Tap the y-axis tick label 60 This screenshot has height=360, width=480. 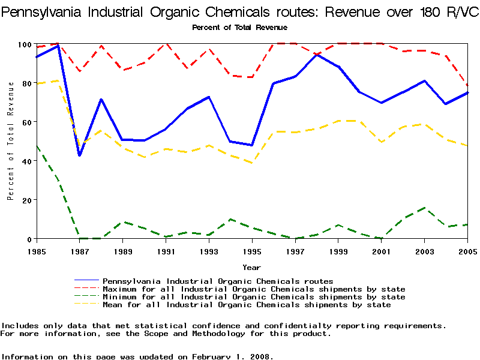click(x=26, y=122)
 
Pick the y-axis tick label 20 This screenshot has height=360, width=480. click(x=26, y=200)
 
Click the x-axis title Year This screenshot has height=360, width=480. click(x=251, y=267)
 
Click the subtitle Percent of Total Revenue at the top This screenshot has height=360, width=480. click(x=239, y=28)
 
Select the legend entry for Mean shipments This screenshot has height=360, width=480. click(x=247, y=305)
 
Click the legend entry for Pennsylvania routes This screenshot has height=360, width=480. click(x=218, y=281)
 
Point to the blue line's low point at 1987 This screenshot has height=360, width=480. click(x=80, y=155)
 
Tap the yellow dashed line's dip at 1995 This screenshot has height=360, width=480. click(x=252, y=163)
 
